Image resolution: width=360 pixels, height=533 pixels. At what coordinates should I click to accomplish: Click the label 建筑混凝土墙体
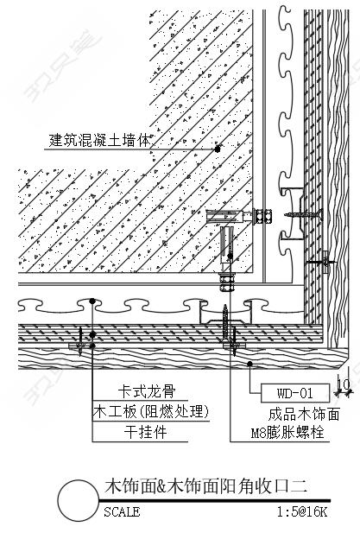click(99, 140)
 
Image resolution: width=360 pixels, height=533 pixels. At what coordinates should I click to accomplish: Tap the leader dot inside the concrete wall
click(218, 149)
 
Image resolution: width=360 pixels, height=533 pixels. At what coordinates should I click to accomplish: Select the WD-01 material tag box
click(294, 393)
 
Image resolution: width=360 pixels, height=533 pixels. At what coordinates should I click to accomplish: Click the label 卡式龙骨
click(147, 391)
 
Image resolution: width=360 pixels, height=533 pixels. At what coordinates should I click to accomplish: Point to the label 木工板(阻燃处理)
click(151, 412)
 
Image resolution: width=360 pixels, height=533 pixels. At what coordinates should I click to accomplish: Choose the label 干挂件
click(145, 432)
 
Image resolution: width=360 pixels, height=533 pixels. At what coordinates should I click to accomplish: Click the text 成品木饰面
click(304, 414)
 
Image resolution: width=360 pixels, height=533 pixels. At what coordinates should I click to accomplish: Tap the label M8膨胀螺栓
click(287, 433)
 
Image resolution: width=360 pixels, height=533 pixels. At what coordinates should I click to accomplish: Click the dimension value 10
click(344, 384)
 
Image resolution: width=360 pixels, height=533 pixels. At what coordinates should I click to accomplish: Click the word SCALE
click(122, 512)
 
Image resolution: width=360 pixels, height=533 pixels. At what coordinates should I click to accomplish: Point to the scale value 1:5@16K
click(302, 512)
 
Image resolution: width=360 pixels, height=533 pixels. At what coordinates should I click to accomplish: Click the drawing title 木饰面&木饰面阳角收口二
click(205, 486)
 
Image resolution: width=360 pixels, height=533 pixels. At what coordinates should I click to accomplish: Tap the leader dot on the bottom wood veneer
click(249, 364)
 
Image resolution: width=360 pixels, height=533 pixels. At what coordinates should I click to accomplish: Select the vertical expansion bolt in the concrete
click(227, 259)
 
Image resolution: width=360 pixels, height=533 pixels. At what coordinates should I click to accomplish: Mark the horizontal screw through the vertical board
click(303, 214)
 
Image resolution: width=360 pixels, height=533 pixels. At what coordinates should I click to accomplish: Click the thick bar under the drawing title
click(214, 501)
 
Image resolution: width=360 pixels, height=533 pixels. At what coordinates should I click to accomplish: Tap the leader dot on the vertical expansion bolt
click(230, 257)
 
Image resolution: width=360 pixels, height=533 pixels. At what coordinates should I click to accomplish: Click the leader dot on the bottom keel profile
click(92, 301)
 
